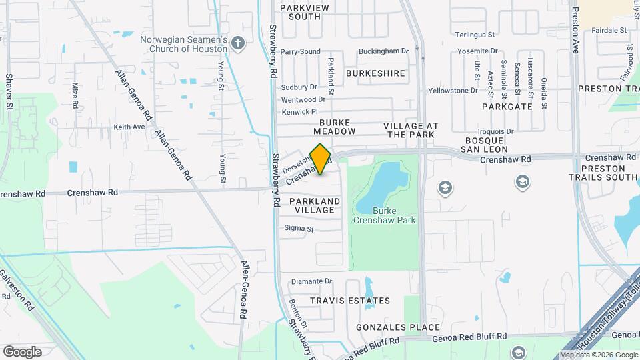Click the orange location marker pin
321,159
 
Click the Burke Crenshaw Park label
393,215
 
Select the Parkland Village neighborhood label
315,205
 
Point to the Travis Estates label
350,301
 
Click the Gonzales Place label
398,327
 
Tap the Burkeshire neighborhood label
375,73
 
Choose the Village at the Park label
411,130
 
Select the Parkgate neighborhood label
507,106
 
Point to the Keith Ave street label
129,127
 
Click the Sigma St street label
299,229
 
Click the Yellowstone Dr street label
453,90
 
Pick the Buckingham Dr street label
383,51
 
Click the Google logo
22,351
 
